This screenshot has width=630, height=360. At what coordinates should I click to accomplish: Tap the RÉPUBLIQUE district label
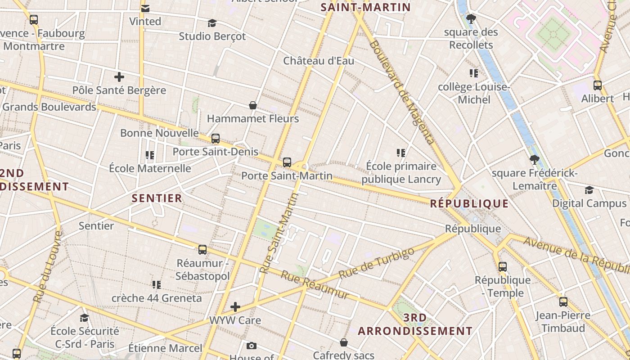pyautogui.click(x=469, y=203)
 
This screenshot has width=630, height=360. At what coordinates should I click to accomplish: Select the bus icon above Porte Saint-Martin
pyautogui.click(x=287, y=162)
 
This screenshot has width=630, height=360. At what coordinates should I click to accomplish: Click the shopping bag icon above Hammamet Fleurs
pyautogui.click(x=253, y=106)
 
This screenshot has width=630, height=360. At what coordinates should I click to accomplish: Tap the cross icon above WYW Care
pyautogui.click(x=235, y=307)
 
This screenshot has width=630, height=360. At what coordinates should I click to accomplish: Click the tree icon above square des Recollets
pyautogui.click(x=471, y=19)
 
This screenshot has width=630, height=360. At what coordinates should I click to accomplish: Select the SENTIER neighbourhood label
pyautogui.click(x=157, y=198)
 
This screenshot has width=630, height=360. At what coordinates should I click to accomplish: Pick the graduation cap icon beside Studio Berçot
pyautogui.click(x=212, y=23)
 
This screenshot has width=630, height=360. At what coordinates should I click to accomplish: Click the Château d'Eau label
pyautogui.click(x=319, y=61)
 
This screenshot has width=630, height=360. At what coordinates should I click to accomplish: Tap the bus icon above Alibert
pyautogui.click(x=598, y=85)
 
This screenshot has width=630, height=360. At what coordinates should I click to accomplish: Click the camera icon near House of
pyautogui.click(x=252, y=346)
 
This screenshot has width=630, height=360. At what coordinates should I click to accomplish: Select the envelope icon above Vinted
pyautogui.click(x=145, y=9)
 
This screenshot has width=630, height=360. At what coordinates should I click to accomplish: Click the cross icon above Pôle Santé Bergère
pyautogui.click(x=119, y=77)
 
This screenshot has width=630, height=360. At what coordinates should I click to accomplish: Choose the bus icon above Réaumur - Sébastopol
pyautogui.click(x=202, y=250)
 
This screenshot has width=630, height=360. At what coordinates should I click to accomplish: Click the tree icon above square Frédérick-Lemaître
pyautogui.click(x=535, y=159)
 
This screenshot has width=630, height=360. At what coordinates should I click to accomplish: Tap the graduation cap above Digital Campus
pyautogui.click(x=589, y=190)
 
